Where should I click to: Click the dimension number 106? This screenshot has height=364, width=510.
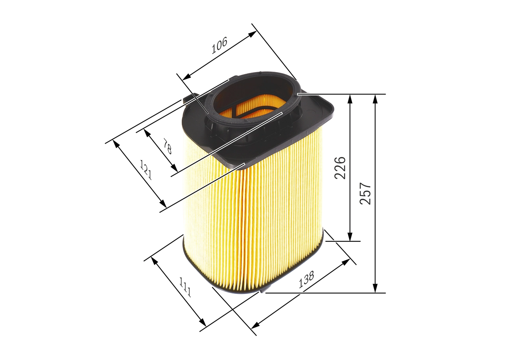(219, 45)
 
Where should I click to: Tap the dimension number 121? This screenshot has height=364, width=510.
(146, 169)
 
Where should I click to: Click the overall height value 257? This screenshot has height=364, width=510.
(365, 194)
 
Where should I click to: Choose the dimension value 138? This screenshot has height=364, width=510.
(306, 280)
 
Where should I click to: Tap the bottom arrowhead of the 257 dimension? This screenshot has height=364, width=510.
(375, 289)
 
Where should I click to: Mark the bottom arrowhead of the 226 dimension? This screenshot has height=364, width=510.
(350, 237)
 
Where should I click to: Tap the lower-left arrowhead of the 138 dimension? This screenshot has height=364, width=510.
(255, 325)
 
